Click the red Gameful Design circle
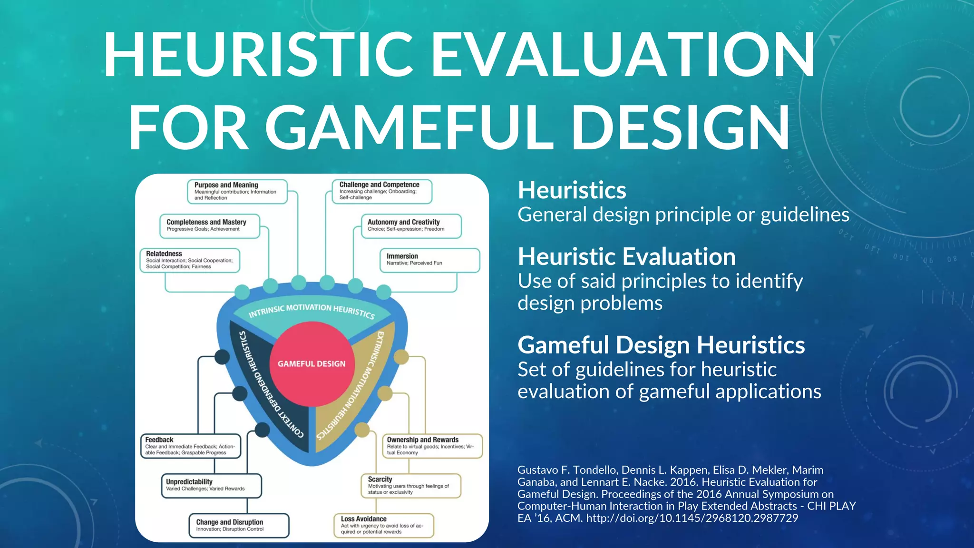(x=312, y=364)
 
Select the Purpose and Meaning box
(x=237, y=191)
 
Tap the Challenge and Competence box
(x=382, y=191)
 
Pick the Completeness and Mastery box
(x=210, y=225)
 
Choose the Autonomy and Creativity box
(x=411, y=225)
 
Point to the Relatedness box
(x=190, y=260)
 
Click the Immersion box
(x=429, y=260)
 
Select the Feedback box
(x=190, y=446)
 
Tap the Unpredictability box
(x=211, y=485)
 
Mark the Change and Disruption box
(x=239, y=525)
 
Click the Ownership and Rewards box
(x=432, y=446)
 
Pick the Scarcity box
(x=411, y=485)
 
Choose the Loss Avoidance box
(x=384, y=525)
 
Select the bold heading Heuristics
(x=572, y=190)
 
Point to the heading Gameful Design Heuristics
(x=661, y=345)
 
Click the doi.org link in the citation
(x=692, y=518)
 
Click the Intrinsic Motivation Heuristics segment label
(x=312, y=310)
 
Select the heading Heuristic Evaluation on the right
(x=626, y=257)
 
